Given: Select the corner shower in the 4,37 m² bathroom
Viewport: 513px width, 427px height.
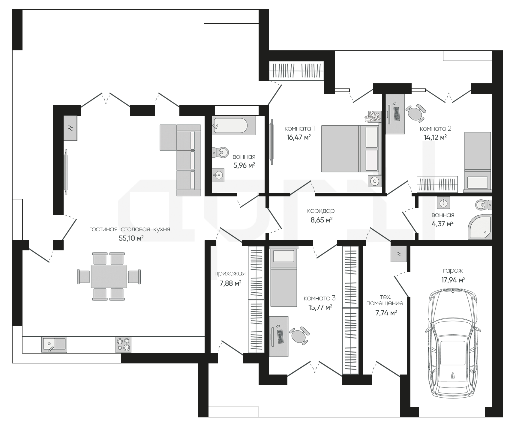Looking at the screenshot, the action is coord(480,227).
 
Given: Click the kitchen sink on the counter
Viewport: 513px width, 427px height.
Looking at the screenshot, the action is coord(54,345).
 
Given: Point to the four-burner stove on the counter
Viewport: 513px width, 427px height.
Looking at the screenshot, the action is coord(123,345).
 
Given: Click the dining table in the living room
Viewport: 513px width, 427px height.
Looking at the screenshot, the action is coord(109,276).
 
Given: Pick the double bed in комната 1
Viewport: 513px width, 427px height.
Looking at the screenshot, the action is coord(350,149).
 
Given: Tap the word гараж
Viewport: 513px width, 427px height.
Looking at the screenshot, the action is coord(453,271).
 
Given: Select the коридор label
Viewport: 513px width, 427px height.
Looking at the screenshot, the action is coord(321,211).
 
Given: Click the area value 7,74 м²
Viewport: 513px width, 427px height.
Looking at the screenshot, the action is coord(386,313).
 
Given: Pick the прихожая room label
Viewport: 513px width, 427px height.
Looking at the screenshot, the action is coord(230,273).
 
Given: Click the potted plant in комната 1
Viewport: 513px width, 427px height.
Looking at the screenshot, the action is coord(373,116).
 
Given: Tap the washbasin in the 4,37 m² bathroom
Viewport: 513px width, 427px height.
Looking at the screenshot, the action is coord(443,203).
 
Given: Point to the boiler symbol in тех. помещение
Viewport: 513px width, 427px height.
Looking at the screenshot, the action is coord(399,254).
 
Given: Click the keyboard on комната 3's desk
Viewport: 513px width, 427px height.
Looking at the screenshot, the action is coord(281,336).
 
